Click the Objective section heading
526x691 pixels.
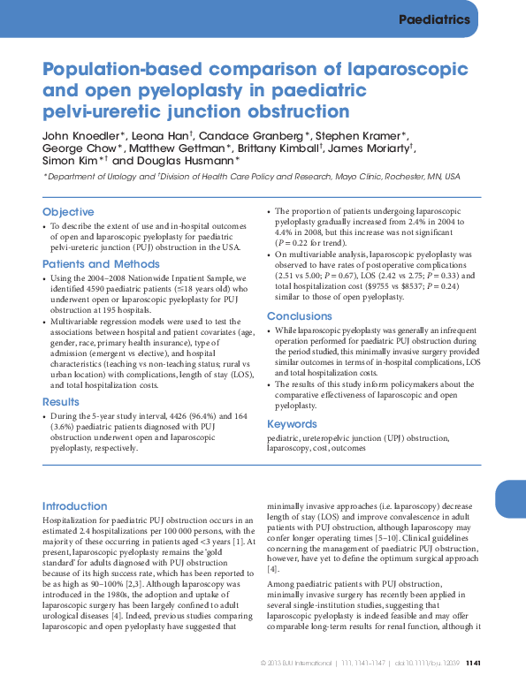coord(68,212)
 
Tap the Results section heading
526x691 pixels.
coord(61,401)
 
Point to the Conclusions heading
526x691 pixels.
coord(300,316)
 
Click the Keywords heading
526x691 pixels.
coord(292,424)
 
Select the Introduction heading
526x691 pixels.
coord(74,506)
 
